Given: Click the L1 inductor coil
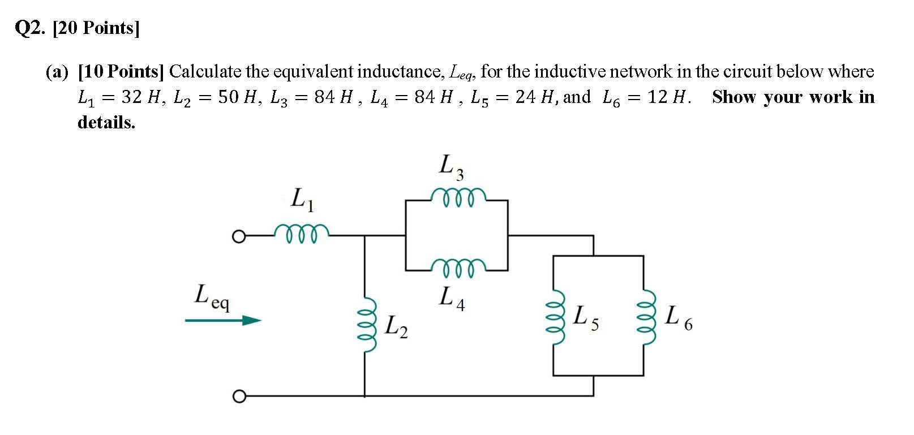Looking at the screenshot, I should [x=301, y=232].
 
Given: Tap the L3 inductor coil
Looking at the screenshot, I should [x=457, y=197].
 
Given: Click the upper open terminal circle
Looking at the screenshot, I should [x=239, y=235].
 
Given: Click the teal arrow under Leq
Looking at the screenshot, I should [x=223, y=321].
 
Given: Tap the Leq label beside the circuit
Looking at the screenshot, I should [x=212, y=296].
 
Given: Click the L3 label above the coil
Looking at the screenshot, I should [x=452, y=167].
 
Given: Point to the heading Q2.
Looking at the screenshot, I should [x=29, y=28].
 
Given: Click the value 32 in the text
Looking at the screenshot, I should [x=131, y=97].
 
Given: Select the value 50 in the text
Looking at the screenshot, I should [x=229, y=97].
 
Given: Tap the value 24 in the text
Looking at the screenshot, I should [x=525, y=97].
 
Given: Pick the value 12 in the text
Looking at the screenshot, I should [x=658, y=97].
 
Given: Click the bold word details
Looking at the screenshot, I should [x=106, y=122].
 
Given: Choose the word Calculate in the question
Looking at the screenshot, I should [x=205, y=72].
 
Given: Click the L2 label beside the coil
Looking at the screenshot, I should [x=396, y=326].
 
